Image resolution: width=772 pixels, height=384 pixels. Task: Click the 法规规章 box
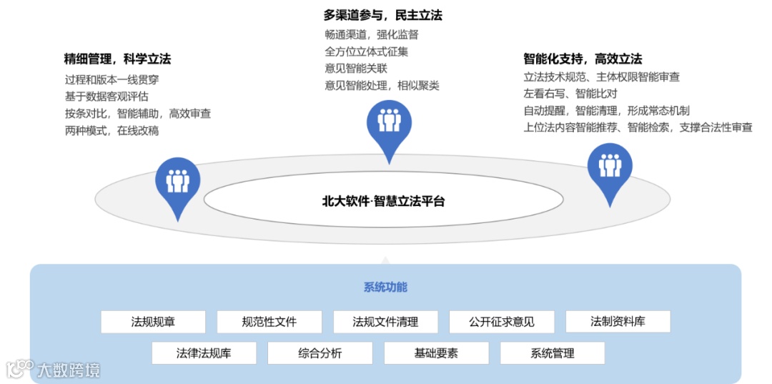point(153,322)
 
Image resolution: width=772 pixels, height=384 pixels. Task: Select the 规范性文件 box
point(269,322)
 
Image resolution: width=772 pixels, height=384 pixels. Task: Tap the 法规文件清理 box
point(385,322)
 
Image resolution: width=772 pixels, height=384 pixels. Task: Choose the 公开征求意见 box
point(502,322)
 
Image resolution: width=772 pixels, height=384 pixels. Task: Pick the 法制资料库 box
point(618,322)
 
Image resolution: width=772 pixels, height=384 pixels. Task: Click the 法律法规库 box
point(204,353)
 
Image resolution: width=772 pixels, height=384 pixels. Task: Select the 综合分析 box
point(320,353)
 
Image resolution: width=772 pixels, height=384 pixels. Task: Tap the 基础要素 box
point(436,353)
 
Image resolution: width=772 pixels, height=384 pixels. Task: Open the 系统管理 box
point(552,353)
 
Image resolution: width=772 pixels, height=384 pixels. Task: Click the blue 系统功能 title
point(385,287)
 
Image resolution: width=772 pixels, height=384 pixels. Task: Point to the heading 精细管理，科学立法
point(117,59)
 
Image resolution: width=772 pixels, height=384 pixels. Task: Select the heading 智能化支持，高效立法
point(583,59)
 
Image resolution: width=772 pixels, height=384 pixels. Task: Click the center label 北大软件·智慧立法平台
point(383,202)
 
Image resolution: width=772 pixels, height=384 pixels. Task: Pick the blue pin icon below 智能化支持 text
point(610,167)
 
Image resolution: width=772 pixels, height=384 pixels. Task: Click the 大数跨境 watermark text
point(69,370)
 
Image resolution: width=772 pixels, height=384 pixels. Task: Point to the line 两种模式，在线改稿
point(112,131)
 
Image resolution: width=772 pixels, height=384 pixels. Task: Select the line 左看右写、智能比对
point(570,94)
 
